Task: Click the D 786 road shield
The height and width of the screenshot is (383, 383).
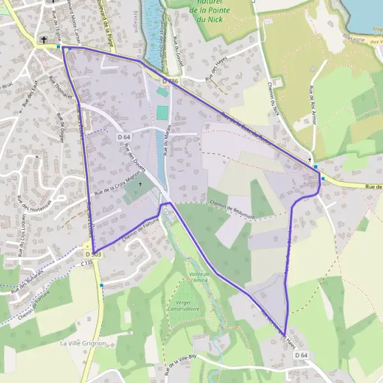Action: coord(169,82)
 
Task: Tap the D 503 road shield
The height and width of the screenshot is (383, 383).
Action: coord(93,254)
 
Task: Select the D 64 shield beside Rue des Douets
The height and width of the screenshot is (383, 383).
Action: coord(124,137)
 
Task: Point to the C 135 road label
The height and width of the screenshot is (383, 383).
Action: coord(87,262)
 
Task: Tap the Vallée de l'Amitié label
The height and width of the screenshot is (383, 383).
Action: coord(200,276)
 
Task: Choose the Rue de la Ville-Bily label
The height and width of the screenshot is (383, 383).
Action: coord(182,364)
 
